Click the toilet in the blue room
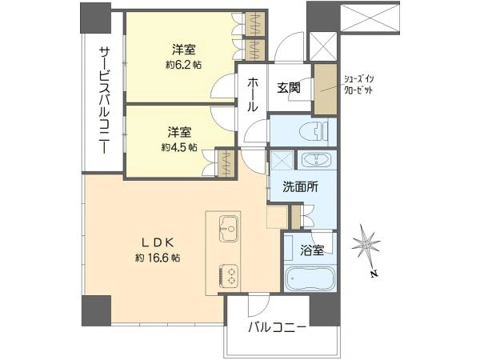pos(314,131)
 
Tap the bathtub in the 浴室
pos(310,278)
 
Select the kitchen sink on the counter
pos(228,229)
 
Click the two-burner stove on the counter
pos(229,276)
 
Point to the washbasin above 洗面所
pos(317,160)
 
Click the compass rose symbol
pos(366,244)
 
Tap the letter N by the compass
pos(374,274)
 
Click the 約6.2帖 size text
pos(184,65)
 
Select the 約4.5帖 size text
pos(179,148)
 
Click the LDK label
pos(158,242)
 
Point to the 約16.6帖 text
pos(158,258)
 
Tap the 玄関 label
pos(289,88)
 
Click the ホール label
pos(252,94)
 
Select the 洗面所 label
pos(300,187)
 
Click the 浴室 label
pos(312,250)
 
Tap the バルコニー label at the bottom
pos(277,328)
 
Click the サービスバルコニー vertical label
pos(104,100)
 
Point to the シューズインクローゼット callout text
pos(358,85)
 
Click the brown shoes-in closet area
pos(326,89)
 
